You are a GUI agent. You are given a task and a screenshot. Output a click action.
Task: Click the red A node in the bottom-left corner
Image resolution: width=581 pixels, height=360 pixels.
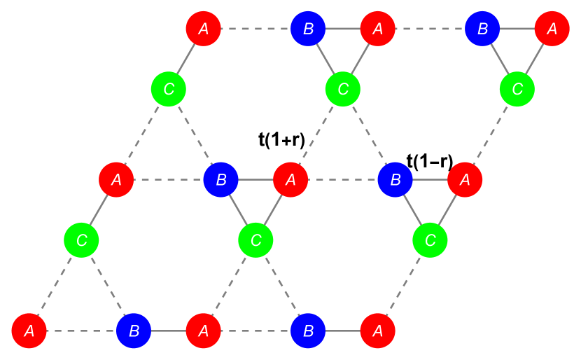click(x=29, y=331)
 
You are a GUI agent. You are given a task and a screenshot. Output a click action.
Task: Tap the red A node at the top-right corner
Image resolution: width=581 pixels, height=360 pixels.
click(x=552, y=29)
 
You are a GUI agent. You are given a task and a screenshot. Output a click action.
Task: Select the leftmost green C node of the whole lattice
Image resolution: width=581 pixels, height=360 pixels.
click(x=81, y=240)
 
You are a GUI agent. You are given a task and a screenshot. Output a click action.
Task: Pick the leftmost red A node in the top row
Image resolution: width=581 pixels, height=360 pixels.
click(x=203, y=29)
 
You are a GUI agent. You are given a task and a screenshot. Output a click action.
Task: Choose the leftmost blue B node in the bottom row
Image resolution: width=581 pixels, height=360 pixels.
click(x=133, y=331)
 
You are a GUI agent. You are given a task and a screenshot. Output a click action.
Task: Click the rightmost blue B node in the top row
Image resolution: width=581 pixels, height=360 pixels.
click(x=482, y=29)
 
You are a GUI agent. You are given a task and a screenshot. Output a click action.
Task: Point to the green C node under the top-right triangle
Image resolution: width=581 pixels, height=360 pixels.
click(x=517, y=89)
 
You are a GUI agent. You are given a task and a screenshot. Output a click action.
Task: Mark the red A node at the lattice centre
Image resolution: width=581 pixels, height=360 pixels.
click(x=290, y=180)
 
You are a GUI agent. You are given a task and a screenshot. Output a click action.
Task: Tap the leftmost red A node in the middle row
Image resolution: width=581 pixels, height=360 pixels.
click(x=116, y=180)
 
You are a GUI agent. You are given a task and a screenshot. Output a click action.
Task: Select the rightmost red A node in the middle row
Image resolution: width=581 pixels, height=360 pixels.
click(x=465, y=180)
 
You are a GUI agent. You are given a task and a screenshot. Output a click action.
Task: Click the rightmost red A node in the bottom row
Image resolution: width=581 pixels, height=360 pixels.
click(x=377, y=331)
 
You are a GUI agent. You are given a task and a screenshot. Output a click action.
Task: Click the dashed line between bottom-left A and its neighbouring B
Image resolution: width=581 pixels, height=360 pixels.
click(x=81, y=331)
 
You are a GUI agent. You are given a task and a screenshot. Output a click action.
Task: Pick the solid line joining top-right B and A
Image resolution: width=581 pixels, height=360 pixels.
click(x=517, y=29)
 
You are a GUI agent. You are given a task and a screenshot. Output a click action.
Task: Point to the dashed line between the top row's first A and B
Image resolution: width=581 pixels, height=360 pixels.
click(x=255, y=29)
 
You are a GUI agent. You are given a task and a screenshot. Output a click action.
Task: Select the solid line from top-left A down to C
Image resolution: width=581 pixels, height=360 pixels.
click(x=185, y=59)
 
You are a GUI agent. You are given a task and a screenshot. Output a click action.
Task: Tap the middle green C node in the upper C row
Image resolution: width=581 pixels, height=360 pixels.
click(x=343, y=89)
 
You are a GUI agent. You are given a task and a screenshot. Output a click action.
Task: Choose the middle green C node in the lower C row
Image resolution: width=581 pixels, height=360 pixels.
click(x=255, y=240)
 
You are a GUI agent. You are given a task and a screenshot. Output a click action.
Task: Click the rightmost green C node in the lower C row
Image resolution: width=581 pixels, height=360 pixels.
click(x=430, y=240)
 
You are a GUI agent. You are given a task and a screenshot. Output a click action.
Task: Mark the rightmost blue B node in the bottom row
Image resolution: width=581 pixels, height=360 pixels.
click(x=308, y=331)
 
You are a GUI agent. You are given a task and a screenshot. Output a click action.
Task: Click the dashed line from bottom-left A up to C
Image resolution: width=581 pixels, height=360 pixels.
click(x=55, y=286)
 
